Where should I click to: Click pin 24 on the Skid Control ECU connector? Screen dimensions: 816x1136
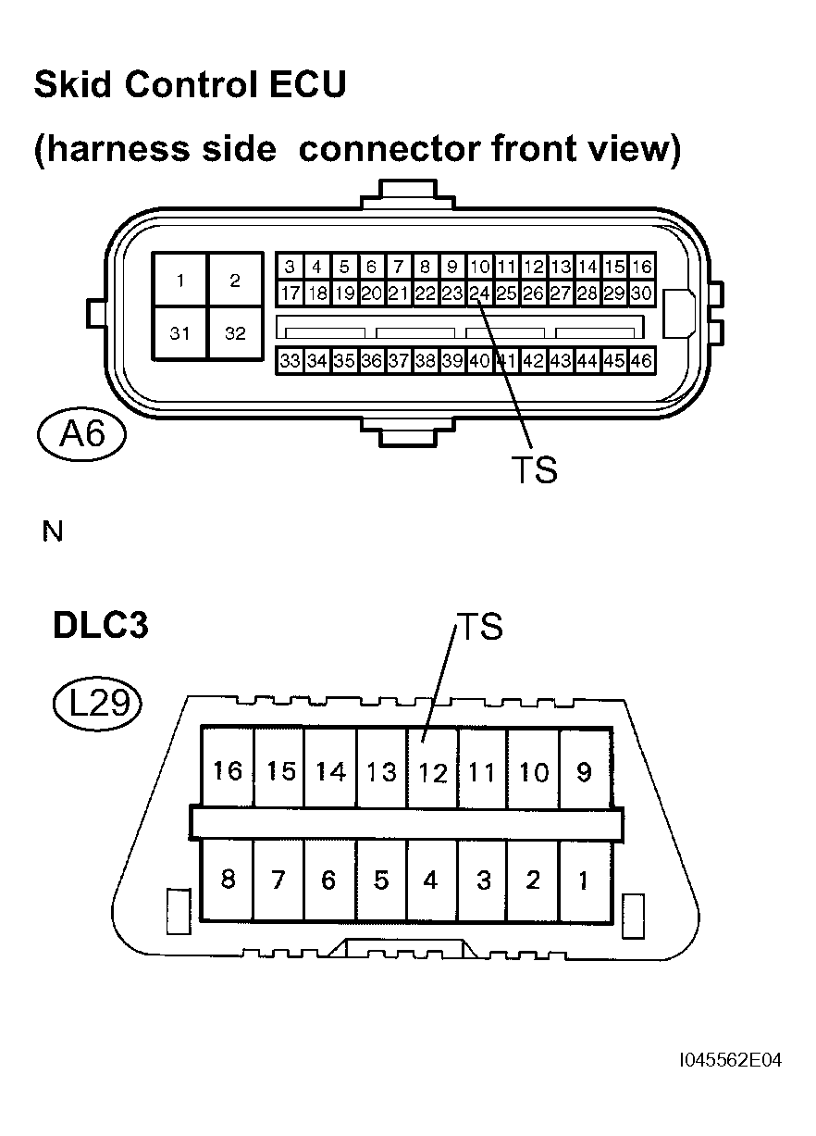click(479, 293)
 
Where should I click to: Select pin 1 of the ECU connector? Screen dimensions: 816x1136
click(179, 280)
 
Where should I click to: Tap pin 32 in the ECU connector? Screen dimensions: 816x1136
click(236, 333)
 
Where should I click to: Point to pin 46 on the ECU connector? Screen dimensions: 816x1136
click(642, 361)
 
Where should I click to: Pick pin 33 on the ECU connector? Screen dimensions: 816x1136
click(291, 361)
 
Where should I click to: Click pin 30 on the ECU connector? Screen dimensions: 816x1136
click(642, 293)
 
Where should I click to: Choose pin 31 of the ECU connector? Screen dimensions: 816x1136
click(179, 333)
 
